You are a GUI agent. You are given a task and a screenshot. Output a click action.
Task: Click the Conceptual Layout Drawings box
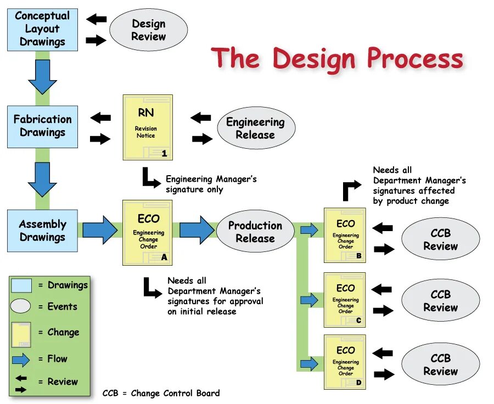(x=42, y=29)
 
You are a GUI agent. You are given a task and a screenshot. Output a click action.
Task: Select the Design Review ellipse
(x=148, y=30)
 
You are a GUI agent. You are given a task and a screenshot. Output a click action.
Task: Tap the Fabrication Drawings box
(x=42, y=126)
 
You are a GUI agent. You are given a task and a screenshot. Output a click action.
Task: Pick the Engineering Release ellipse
(x=255, y=128)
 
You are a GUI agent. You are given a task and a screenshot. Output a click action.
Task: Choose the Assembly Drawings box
(x=42, y=231)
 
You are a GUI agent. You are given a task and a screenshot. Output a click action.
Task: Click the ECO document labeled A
(x=148, y=233)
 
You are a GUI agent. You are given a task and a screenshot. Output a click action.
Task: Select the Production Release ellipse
(x=255, y=232)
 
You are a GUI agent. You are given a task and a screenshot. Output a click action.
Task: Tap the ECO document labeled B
(x=345, y=235)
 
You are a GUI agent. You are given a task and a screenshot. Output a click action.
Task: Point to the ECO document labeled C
(x=345, y=300)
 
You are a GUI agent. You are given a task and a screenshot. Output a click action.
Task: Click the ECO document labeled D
(x=345, y=362)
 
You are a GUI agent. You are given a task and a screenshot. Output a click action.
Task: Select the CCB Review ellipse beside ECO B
(x=440, y=239)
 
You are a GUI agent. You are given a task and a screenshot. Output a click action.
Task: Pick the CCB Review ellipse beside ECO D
(x=440, y=364)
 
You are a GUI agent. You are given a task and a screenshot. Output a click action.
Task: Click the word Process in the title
(x=415, y=58)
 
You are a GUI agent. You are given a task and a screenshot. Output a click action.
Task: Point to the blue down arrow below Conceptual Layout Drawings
(x=42, y=77)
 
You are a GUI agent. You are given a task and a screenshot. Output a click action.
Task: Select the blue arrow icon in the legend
(x=21, y=360)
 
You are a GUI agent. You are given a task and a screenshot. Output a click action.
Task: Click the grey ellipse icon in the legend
(x=21, y=306)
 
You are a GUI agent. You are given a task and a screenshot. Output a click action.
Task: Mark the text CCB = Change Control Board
(x=161, y=393)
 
